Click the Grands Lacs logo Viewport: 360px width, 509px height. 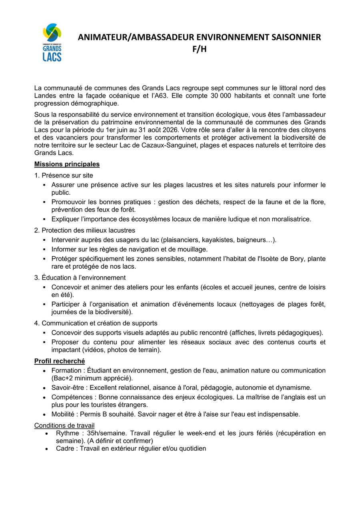(52, 42)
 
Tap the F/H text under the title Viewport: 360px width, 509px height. (200, 49)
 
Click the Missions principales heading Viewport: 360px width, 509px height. (67, 164)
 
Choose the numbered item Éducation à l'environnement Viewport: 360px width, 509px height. (84, 277)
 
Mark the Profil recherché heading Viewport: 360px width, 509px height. (59, 361)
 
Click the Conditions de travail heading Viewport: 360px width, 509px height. (64, 425)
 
